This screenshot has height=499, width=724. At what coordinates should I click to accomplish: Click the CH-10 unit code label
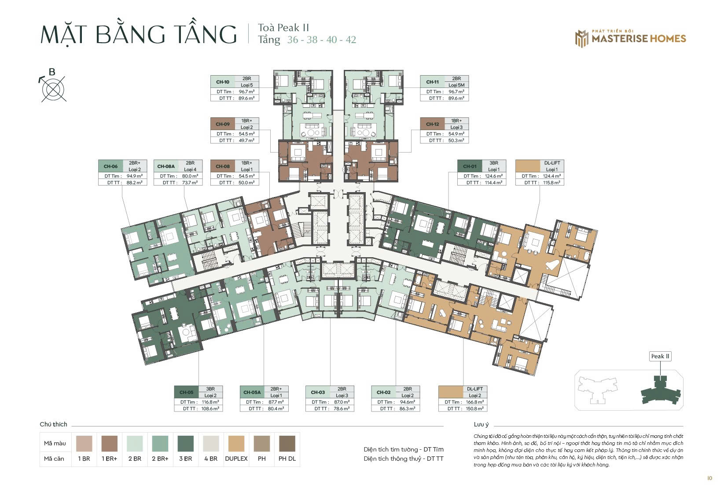click(x=223, y=82)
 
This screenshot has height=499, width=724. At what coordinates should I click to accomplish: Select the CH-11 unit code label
click(x=432, y=82)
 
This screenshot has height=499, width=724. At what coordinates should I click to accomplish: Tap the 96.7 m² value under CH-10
click(x=246, y=92)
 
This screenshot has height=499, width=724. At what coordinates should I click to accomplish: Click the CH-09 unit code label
click(x=223, y=124)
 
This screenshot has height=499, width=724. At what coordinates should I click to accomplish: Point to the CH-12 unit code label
click(x=432, y=124)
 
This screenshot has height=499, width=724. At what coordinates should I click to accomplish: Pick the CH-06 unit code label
click(x=110, y=166)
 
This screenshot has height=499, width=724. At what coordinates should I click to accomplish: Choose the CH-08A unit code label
click(x=166, y=166)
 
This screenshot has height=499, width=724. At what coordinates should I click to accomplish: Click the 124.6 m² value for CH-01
click(x=493, y=176)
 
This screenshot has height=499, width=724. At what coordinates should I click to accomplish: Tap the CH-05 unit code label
click(x=187, y=392)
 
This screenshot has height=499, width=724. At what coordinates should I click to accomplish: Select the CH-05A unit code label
click(x=252, y=392)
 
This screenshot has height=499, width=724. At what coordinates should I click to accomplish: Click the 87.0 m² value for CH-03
click(x=342, y=402)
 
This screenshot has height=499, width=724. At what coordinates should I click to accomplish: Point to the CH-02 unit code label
click(x=384, y=392)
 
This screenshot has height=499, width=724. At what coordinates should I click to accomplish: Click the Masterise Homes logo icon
click(x=581, y=39)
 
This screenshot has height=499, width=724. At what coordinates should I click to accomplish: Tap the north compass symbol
click(x=54, y=88)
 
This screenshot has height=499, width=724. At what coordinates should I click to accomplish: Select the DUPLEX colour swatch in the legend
click(x=236, y=444)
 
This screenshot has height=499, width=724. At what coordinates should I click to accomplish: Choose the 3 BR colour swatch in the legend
click(x=186, y=444)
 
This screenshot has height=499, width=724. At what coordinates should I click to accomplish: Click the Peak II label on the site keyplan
click(x=660, y=356)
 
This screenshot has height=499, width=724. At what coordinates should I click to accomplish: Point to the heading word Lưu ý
click(x=481, y=425)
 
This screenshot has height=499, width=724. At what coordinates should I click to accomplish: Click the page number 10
click(x=709, y=478)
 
